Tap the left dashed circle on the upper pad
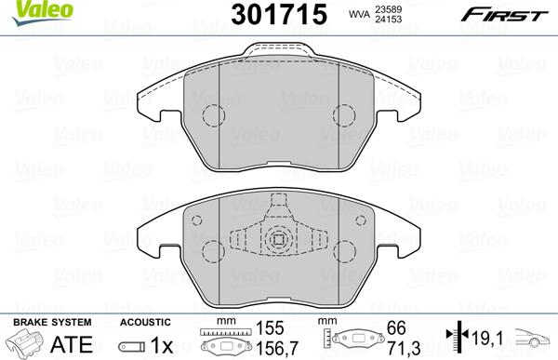(x=214, y=115)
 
